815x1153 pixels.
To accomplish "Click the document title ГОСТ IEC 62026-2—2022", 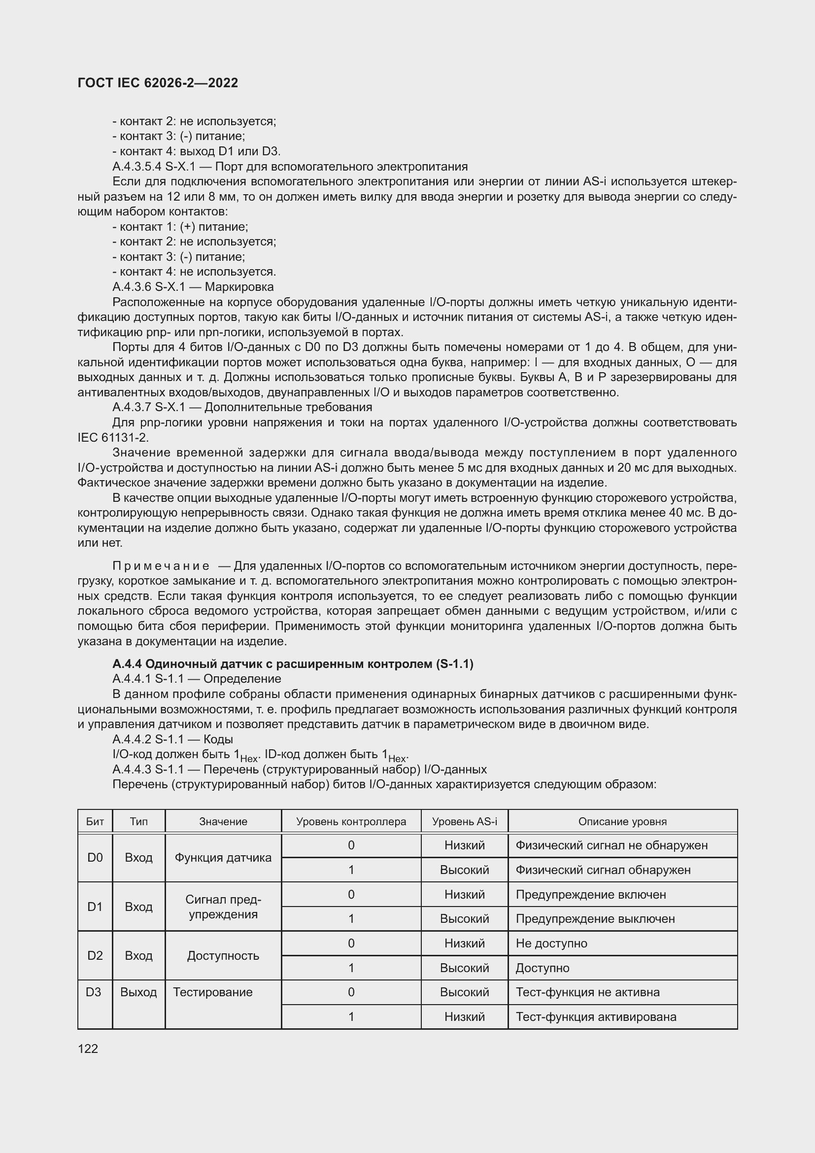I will [158, 83].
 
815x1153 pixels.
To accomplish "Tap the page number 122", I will [88, 1048].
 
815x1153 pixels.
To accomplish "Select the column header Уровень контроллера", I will [351, 822].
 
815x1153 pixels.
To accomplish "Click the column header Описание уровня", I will [622, 822].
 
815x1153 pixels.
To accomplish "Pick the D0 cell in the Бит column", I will [95, 857].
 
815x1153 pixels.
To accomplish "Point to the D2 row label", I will [95, 955].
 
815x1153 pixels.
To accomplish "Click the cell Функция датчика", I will [223, 857].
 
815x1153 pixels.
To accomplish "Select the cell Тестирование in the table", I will [213, 992].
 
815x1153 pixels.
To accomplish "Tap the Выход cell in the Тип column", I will [138, 992].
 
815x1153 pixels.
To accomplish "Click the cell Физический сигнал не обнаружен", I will [611, 845].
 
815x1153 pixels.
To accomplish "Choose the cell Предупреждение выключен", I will [595, 918].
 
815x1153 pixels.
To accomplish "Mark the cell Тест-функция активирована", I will [596, 1016].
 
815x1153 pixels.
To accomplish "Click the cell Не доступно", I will [551, 943].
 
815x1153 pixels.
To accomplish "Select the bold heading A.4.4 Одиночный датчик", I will [293, 664].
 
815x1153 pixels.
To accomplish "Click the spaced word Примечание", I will [161, 566].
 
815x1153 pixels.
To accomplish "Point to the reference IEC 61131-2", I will [113, 437].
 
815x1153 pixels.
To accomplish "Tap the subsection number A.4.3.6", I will [132, 287].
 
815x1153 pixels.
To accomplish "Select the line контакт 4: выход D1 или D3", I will [196, 151].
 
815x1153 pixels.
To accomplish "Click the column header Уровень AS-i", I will [464, 822].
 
